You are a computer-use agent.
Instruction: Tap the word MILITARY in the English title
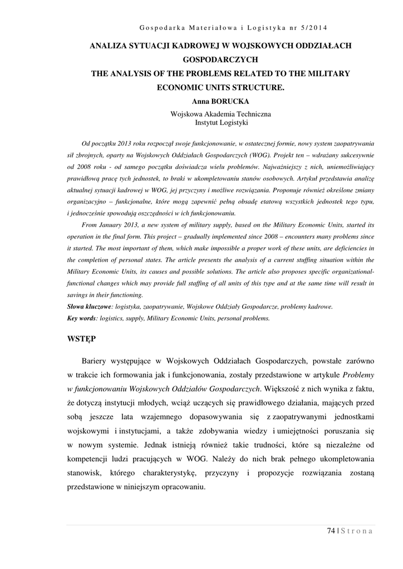point(326,73)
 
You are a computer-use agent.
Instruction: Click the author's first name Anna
point(200,102)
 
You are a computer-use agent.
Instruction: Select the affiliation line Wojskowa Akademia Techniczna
point(220,114)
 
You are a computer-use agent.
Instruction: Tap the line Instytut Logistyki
point(220,122)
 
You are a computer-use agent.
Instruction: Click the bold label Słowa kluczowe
point(89,306)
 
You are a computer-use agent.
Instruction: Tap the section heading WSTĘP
point(82,339)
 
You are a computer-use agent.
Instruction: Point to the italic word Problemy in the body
point(358,374)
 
